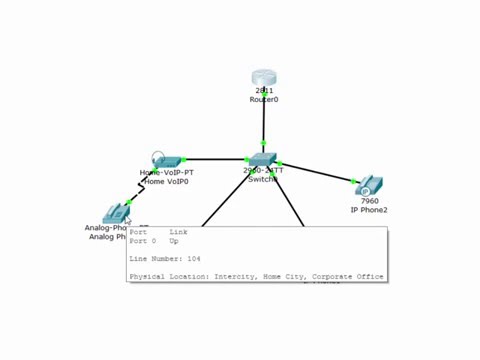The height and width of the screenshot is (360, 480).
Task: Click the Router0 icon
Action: [263, 78]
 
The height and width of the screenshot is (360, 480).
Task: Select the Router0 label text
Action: [264, 100]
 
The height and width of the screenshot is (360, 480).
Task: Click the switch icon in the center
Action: [262, 159]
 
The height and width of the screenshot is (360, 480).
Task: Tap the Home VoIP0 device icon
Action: [168, 160]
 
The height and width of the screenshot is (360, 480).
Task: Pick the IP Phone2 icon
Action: [369, 186]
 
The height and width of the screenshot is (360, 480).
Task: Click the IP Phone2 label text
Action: [369, 210]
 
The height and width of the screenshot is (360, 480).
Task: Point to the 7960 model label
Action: [369, 201]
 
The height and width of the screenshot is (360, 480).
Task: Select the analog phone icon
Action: [116, 212]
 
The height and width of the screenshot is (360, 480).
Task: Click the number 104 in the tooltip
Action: [193, 259]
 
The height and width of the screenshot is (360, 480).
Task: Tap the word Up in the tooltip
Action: [174, 241]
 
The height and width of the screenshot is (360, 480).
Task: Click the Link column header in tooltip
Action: [178, 233]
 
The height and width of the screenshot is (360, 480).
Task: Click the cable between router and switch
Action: [263, 125]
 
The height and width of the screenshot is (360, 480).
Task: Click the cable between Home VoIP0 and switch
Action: [215, 159]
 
